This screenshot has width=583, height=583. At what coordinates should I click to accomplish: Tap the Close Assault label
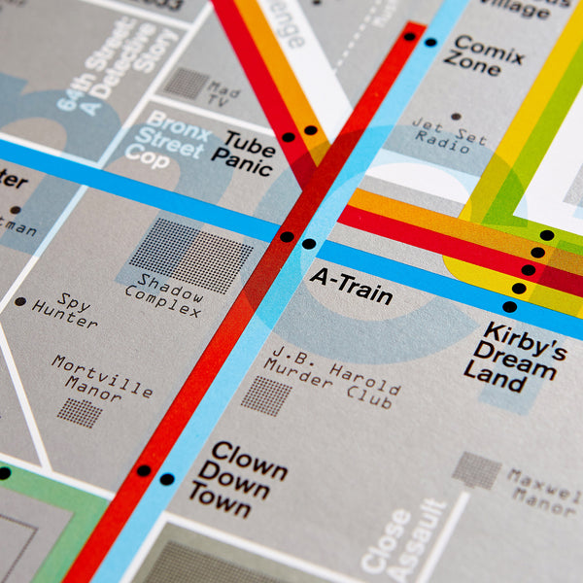tap(401, 538)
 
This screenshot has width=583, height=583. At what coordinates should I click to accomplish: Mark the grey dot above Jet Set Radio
tap(456, 117)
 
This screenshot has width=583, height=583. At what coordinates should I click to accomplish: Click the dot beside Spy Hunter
tap(20, 301)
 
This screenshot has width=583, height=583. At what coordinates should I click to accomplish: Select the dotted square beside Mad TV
tap(187, 83)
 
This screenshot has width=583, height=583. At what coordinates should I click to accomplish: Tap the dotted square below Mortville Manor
tap(80, 413)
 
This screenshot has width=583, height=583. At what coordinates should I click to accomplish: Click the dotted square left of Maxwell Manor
tap(476, 470)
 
